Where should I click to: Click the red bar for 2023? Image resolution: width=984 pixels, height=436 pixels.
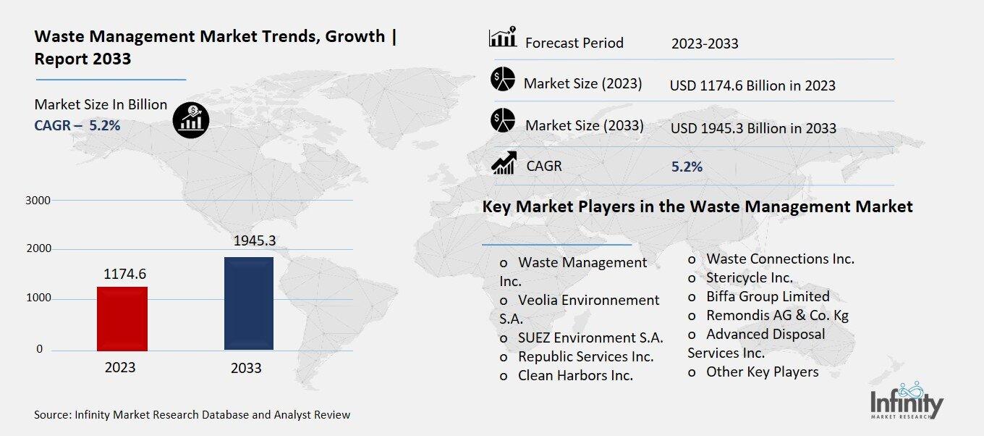tap(122, 319)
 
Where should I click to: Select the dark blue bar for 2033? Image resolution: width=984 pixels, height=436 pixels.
tap(248, 303)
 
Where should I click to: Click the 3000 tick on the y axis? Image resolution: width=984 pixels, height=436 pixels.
tap(38, 200)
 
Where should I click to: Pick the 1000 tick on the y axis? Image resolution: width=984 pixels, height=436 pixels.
tap(38, 298)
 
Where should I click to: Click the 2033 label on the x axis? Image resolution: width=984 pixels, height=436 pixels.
tap(246, 368)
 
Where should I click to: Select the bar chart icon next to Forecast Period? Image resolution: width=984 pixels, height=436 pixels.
tap(502, 38)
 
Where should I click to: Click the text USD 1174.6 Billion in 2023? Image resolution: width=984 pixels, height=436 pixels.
tap(752, 85)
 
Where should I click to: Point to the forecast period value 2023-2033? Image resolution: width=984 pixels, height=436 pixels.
tap(705, 43)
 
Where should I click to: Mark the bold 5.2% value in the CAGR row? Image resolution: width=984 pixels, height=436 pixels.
tap(687, 167)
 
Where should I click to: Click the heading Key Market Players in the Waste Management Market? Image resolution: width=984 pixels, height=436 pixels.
tap(697, 207)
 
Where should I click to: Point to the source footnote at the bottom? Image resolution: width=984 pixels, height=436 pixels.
tap(192, 415)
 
